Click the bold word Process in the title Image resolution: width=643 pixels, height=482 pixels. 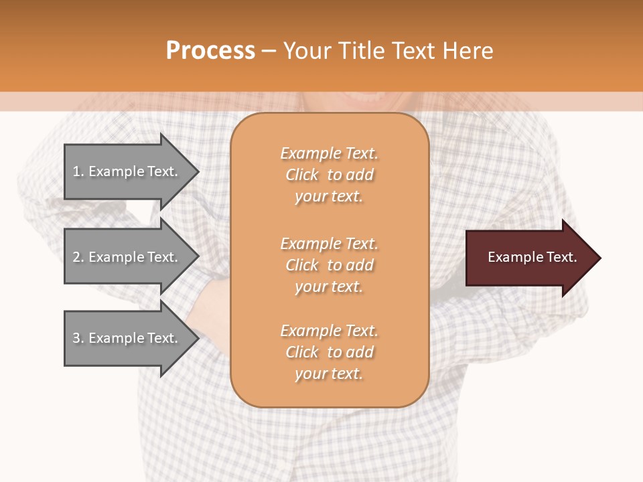(210, 51)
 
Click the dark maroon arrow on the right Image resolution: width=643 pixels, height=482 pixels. (529, 258)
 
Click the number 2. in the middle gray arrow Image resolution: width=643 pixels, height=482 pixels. (78, 257)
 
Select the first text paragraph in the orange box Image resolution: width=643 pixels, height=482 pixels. (329, 175)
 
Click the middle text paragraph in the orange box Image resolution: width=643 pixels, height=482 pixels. (329, 265)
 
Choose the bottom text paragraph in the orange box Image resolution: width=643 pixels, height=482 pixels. (329, 352)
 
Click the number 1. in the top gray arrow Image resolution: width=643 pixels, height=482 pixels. (78, 171)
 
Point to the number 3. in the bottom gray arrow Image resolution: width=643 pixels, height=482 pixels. (78, 338)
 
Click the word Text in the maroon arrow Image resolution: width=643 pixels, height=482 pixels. (561, 257)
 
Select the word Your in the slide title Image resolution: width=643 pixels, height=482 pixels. (307, 51)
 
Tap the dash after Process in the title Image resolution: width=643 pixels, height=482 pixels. (269, 52)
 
